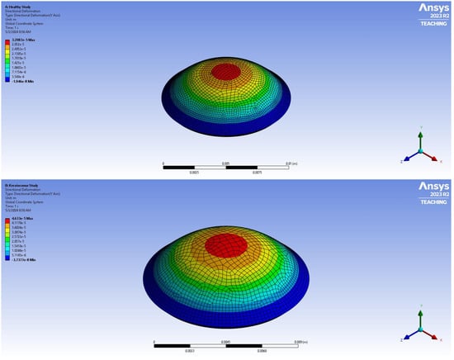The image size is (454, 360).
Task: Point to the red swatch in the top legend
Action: [x=6, y=41]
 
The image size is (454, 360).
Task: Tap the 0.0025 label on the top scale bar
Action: [x=194, y=171]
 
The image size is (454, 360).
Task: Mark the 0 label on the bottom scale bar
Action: [x=154, y=341]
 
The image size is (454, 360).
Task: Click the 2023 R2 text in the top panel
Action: [x=430, y=19]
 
